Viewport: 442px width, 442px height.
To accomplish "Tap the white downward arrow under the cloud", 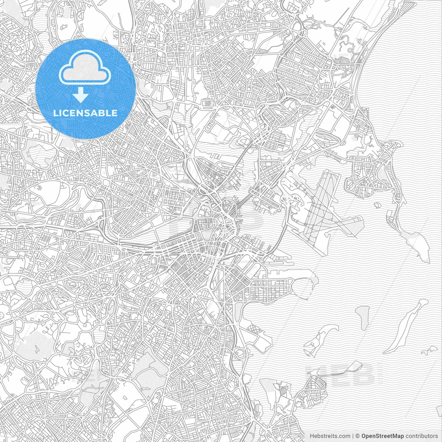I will [x=81, y=95].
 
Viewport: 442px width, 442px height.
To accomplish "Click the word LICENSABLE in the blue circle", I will [x=85, y=113].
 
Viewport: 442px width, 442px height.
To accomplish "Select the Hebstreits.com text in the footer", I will [x=330, y=436].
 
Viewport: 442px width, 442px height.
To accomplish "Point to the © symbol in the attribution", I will [x=358, y=436].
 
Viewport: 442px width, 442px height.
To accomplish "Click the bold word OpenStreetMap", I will [x=383, y=436].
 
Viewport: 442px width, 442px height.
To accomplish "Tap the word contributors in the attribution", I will [x=422, y=436].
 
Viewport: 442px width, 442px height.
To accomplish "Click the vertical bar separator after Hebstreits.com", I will [x=353, y=436].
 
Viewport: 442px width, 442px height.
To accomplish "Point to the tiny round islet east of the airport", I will [x=377, y=205].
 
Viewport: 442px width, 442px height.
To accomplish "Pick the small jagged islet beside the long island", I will [x=428, y=350].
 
